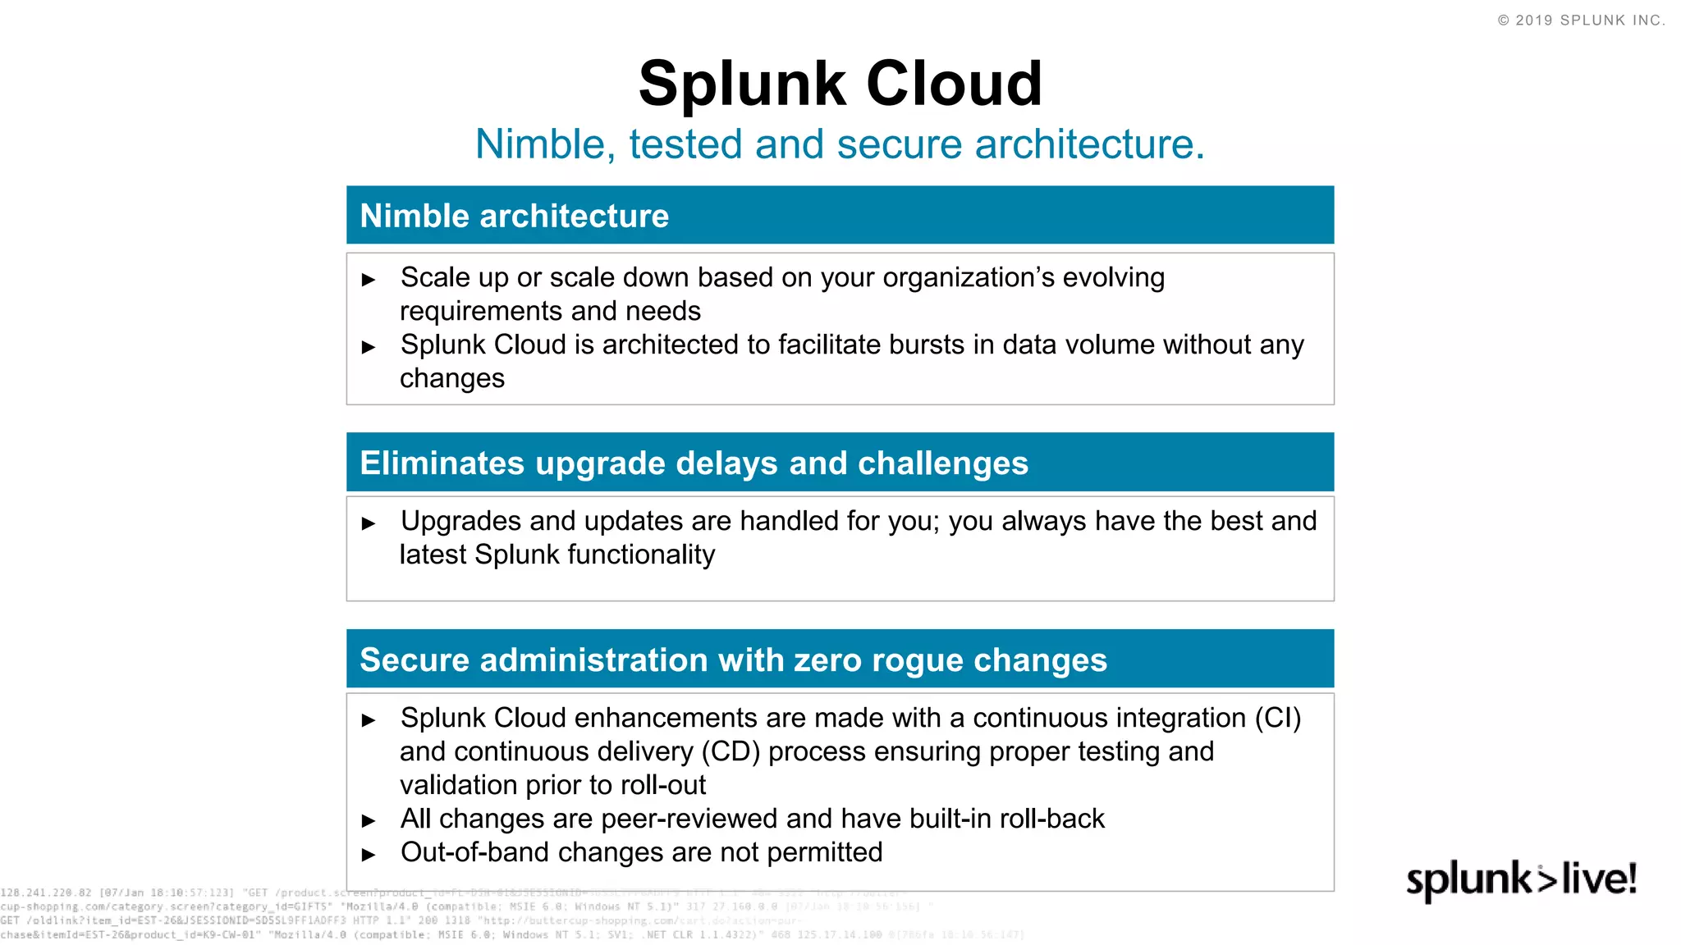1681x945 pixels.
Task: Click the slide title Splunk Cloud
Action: click(840, 84)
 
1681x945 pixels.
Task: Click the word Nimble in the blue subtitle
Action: click(540, 144)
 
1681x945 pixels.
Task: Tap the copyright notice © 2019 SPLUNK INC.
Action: click(1581, 21)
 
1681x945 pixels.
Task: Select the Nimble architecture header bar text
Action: click(515, 216)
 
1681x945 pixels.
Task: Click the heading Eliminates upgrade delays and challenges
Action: click(694, 463)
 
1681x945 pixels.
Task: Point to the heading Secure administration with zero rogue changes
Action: click(733, 660)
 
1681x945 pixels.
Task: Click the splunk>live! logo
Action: click(1521, 879)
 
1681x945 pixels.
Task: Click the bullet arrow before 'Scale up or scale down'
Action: click(369, 280)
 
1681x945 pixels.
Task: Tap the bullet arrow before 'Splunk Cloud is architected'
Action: click(369, 347)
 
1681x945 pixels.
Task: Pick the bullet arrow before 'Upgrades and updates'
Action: click(369, 523)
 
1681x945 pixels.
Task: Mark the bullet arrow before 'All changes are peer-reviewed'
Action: click(369, 820)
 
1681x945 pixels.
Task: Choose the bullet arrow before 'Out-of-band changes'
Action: click(369, 855)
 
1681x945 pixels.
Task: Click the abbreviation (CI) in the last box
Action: click(1277, 718)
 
